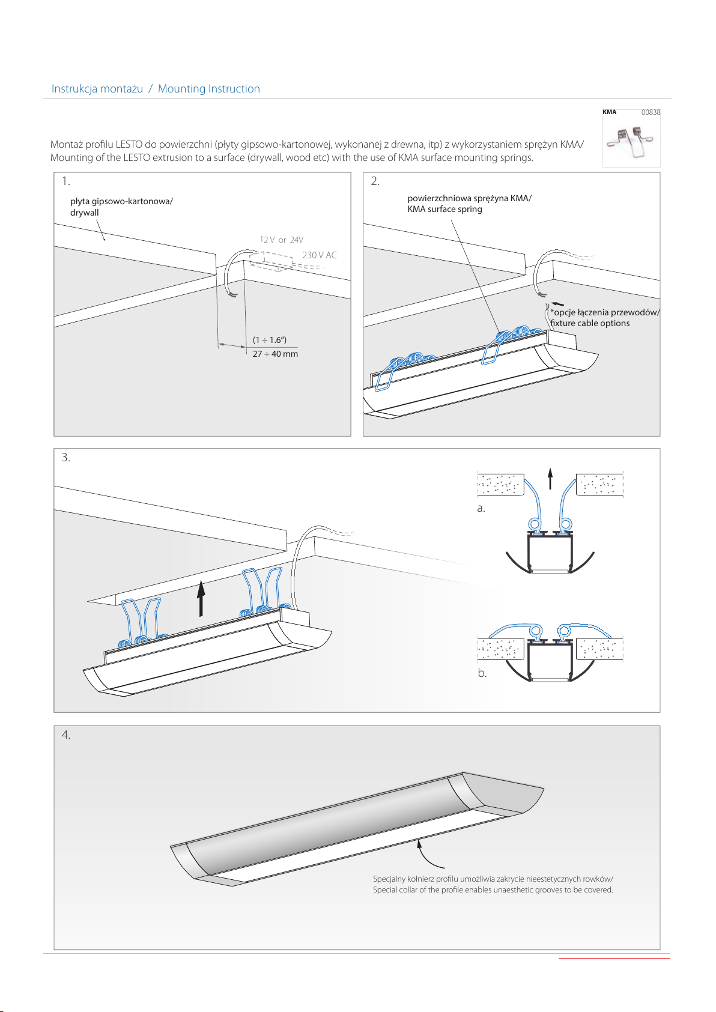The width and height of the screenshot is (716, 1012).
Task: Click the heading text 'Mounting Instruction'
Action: tap(208, 89)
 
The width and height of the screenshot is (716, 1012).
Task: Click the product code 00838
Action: tap(651, 112)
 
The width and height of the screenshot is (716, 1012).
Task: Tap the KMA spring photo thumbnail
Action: tap(631, 142)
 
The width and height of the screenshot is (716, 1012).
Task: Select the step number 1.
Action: tap(65, 181)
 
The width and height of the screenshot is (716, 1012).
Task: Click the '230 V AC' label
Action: tap(320, 255)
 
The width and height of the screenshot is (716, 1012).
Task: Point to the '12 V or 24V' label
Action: tap(281, 240)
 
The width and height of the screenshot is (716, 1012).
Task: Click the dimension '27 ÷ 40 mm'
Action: tap(275, 354)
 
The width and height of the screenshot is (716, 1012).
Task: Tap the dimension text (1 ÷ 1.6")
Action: tap(270, 340)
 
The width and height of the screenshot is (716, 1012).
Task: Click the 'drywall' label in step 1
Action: tap(85, 213)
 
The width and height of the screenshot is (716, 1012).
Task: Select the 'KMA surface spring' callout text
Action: tap(444, 209)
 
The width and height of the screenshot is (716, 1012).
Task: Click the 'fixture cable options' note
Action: tap(590, 323)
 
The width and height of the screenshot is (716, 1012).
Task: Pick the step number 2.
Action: tap(375, 181)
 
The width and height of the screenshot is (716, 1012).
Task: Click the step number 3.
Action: tap(65, 458)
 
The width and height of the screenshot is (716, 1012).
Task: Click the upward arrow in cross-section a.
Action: tap(550, 479)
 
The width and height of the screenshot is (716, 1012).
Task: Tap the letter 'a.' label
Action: tap(481, 508)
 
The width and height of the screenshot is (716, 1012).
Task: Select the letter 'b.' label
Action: tap(482, 673)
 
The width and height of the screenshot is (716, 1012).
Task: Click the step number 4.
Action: tap(65, 735)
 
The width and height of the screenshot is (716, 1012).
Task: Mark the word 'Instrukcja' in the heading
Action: tap(74, 89)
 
